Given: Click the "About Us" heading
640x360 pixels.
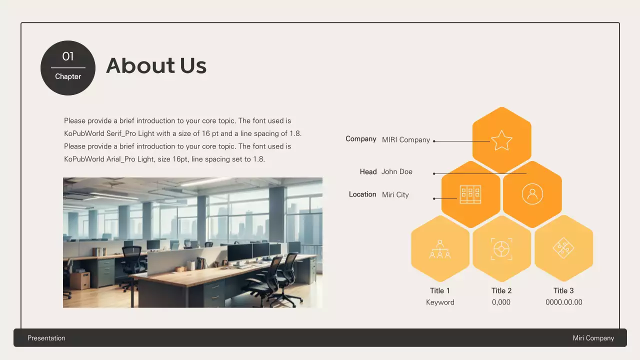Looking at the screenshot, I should coord(156,65).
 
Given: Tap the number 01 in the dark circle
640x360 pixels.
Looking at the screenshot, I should coord(68,56).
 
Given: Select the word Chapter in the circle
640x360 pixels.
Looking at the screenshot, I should coord(68,76).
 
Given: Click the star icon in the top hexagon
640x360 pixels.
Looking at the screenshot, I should coord(501,140).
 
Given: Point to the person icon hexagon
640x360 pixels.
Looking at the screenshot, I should coord(532,194).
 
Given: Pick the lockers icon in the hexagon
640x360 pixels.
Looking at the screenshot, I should coord(470,194).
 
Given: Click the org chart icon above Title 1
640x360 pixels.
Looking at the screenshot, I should coord(440,248).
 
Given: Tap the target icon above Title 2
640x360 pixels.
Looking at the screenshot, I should coord(501,248).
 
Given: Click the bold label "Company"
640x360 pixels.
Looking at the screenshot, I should coord(361,139).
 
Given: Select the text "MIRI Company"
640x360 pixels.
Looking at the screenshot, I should coord(406,140).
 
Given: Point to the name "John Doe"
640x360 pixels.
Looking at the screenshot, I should coord(397,171).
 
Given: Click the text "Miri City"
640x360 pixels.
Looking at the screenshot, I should coord(395,194).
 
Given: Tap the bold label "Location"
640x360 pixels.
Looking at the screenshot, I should coord(362,194).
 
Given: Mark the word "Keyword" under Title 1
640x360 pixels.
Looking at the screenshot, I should coord(440,302).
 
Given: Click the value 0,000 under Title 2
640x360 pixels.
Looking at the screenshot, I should coord(501,302).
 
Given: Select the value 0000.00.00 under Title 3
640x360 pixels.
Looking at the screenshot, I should coord(564,302).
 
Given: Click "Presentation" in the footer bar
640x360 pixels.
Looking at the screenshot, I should coord(46,338).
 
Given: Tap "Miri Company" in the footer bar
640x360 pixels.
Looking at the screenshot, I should coord(593,338).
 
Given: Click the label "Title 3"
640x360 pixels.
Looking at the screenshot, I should coord(563,290).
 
